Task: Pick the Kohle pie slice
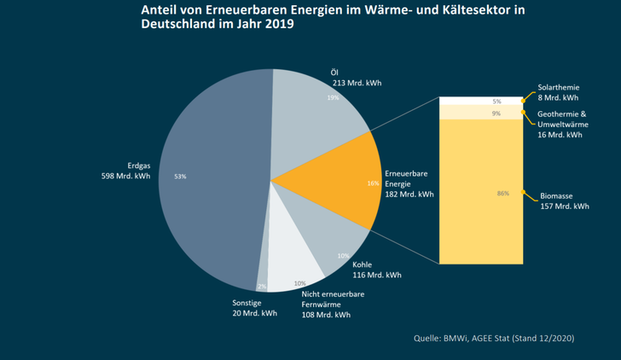coord(333,243)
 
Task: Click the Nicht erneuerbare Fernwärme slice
coord(294,256)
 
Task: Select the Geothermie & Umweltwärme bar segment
coord(480,113)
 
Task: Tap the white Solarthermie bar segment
coord(480,101)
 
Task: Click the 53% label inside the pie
coord(179,177)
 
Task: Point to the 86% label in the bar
coord(502,194)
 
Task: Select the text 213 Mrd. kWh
coord(357,84)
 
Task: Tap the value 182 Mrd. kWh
coord(409,194)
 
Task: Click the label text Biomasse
coord(557,195)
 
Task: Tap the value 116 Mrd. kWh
coord(377,275)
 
